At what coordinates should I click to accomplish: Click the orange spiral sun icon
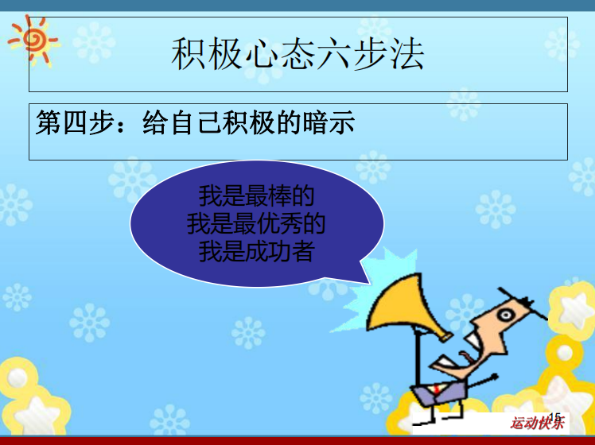coord(33,41)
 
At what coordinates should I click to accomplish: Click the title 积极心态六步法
coord(297,54)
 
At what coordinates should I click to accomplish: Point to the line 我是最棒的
coord(256,195)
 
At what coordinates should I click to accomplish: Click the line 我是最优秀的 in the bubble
coord(256,223)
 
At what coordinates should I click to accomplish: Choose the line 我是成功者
coord(256,251)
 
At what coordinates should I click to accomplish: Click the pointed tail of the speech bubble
coord(369,283)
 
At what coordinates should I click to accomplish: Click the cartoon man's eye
coord(505,315)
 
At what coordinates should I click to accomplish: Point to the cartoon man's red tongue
coord(465,356)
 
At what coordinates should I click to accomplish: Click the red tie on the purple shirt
coord(437,389)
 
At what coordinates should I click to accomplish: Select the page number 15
coord(554,417)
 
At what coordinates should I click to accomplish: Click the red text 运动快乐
coord(537,423)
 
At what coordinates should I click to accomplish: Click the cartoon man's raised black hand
coord(495,377)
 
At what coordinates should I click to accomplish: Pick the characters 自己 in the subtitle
coord(196,122)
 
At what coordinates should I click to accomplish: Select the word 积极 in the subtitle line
coord(248,122)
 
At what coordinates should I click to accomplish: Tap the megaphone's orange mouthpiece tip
coord(445,337)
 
